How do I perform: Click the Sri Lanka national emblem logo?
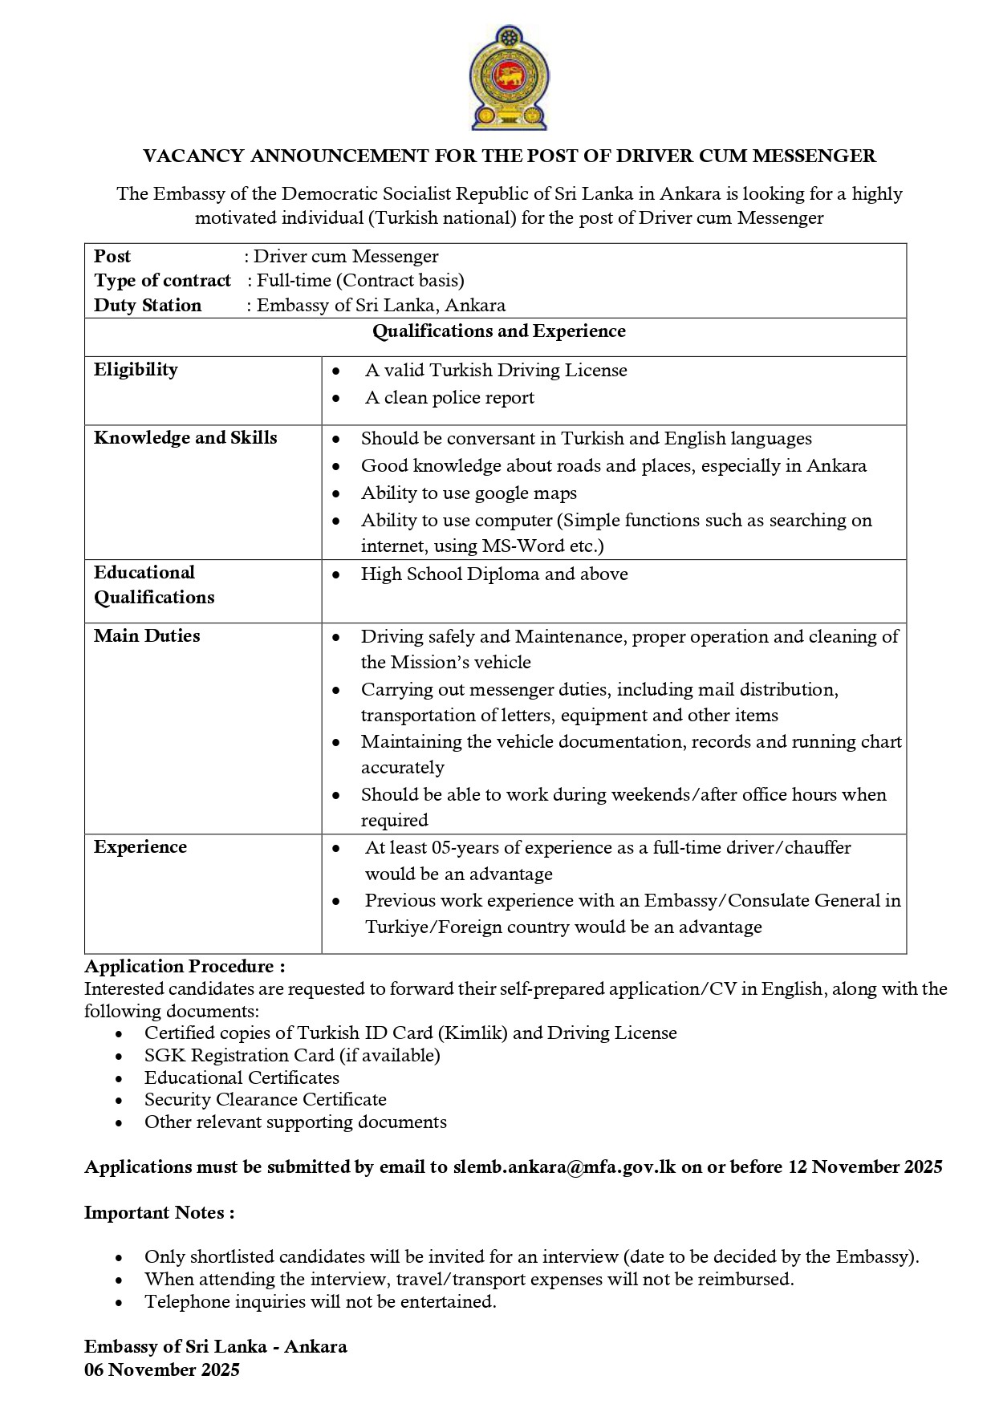point(505,78)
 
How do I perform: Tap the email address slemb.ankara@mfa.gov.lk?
point(565,1167)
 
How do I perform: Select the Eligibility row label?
point(136,370)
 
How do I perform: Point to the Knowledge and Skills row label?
point(185,438)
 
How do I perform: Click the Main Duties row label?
point(147,636)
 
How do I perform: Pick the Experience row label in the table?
point(140,847)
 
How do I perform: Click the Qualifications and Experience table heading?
point(499,331)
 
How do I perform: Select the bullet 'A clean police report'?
point(449,398)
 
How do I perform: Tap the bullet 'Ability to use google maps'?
point(469,493)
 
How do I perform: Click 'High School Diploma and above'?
point(494,574)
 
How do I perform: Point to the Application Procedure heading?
point(185,966)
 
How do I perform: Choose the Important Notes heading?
point(160,1213)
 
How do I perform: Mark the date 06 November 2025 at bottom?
point(162,1370)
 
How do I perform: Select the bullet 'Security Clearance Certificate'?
point(266,1100)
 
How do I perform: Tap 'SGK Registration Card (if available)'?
point(292,1056)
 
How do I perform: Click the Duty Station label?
point(148,306)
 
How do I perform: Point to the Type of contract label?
point(162,281)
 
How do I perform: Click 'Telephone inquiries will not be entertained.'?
point(320,1302)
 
